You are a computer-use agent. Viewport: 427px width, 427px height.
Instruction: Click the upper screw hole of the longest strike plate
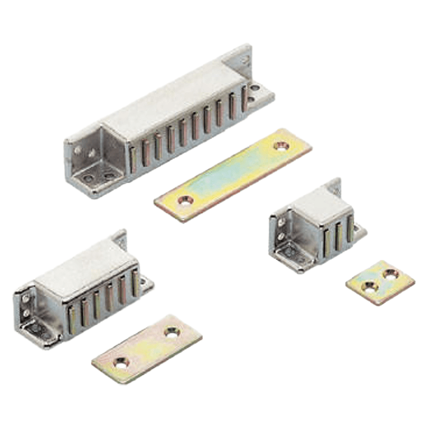(281, 145)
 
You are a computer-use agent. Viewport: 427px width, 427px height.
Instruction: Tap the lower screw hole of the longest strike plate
(185, 201)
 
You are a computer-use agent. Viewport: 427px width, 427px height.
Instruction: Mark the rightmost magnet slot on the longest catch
(244, 99)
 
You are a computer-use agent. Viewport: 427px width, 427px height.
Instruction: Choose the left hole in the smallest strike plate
(369, 287)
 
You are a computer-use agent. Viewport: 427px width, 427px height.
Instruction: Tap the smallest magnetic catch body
(318, 227)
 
